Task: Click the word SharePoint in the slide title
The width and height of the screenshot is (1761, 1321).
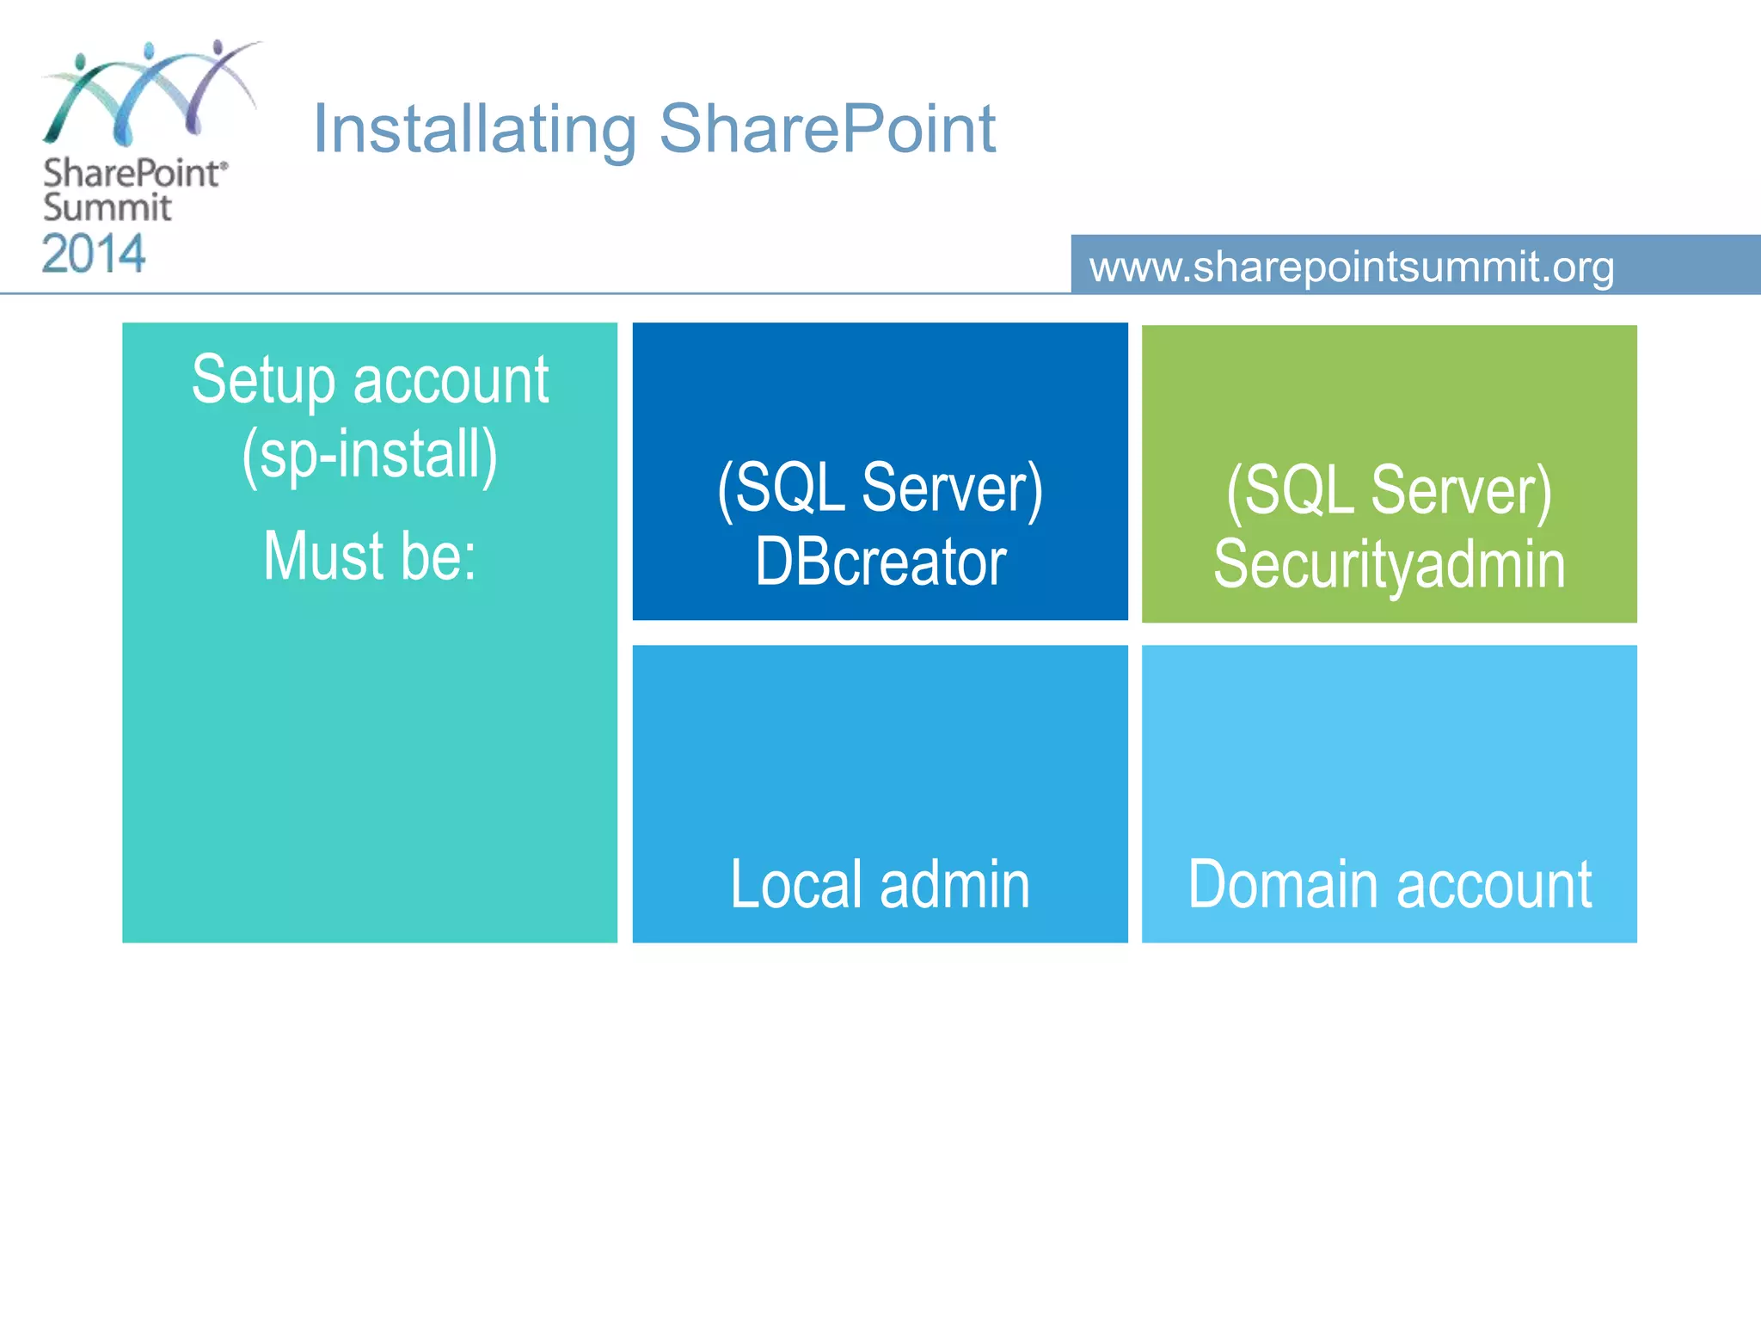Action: click(827, 129)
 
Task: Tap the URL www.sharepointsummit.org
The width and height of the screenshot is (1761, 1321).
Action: click(1352, 267)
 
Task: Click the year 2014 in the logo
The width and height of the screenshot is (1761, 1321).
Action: click(94, 255)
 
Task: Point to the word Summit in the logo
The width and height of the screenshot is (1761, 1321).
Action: click(107, 208)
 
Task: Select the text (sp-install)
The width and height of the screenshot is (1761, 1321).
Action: click(370, 454)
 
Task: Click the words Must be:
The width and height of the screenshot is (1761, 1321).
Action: click(370, 556)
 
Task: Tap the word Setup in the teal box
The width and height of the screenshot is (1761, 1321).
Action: click(263, 380)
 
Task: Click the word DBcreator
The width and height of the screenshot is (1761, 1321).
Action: click(880, 562)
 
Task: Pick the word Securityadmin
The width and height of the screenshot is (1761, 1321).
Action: click(1390, 565)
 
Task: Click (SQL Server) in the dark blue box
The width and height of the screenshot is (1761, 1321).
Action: click(880, 488)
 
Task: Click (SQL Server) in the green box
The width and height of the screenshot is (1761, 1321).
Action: click(1390, 491)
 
